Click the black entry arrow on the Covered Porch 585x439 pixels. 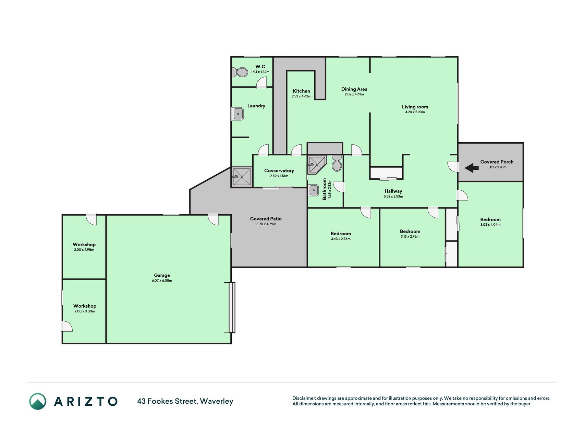pos(472,168)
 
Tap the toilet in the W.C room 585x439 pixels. pos(240,72)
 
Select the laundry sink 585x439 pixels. pos(237,114)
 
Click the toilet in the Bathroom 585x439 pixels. pos(337,163)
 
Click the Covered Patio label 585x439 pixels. pos(266,218)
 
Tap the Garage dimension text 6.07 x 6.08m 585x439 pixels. pos(162,281)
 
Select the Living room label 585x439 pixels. pos(415,107)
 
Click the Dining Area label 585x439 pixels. pos(354,89)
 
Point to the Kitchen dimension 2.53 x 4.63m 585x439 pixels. pos(302,96)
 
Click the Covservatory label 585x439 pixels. pos(279,170)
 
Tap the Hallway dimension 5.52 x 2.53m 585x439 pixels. pos(393,197)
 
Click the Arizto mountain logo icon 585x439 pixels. pos(38,401)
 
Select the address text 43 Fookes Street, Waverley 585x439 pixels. pos(185,401)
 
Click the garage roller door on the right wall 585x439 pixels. pos(232,308)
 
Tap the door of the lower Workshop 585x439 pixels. pos(67,326)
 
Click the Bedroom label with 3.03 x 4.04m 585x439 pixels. pos(490,219)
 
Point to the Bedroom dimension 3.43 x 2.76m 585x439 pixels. pos(341,239)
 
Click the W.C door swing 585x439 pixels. pos(262,82)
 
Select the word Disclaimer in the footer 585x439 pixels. pos(304,398)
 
